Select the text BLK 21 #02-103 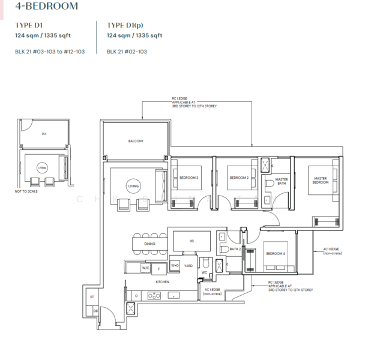[x=127, y=52]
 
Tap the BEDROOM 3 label [x=189, y=177]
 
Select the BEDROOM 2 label [x=239, y=177]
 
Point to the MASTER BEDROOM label [x=320, y=180]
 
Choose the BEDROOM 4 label [x=276, y=254]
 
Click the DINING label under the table [x=149, y=244]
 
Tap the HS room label [x=192, y=241]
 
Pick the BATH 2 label [x=235, y=248]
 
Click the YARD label [x=188, y=265]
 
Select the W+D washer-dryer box [x=175, y=265]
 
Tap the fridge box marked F [x=158, y=268]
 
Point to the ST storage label [x=92, y=297]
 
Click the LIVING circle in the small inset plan [x=41, y=167]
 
